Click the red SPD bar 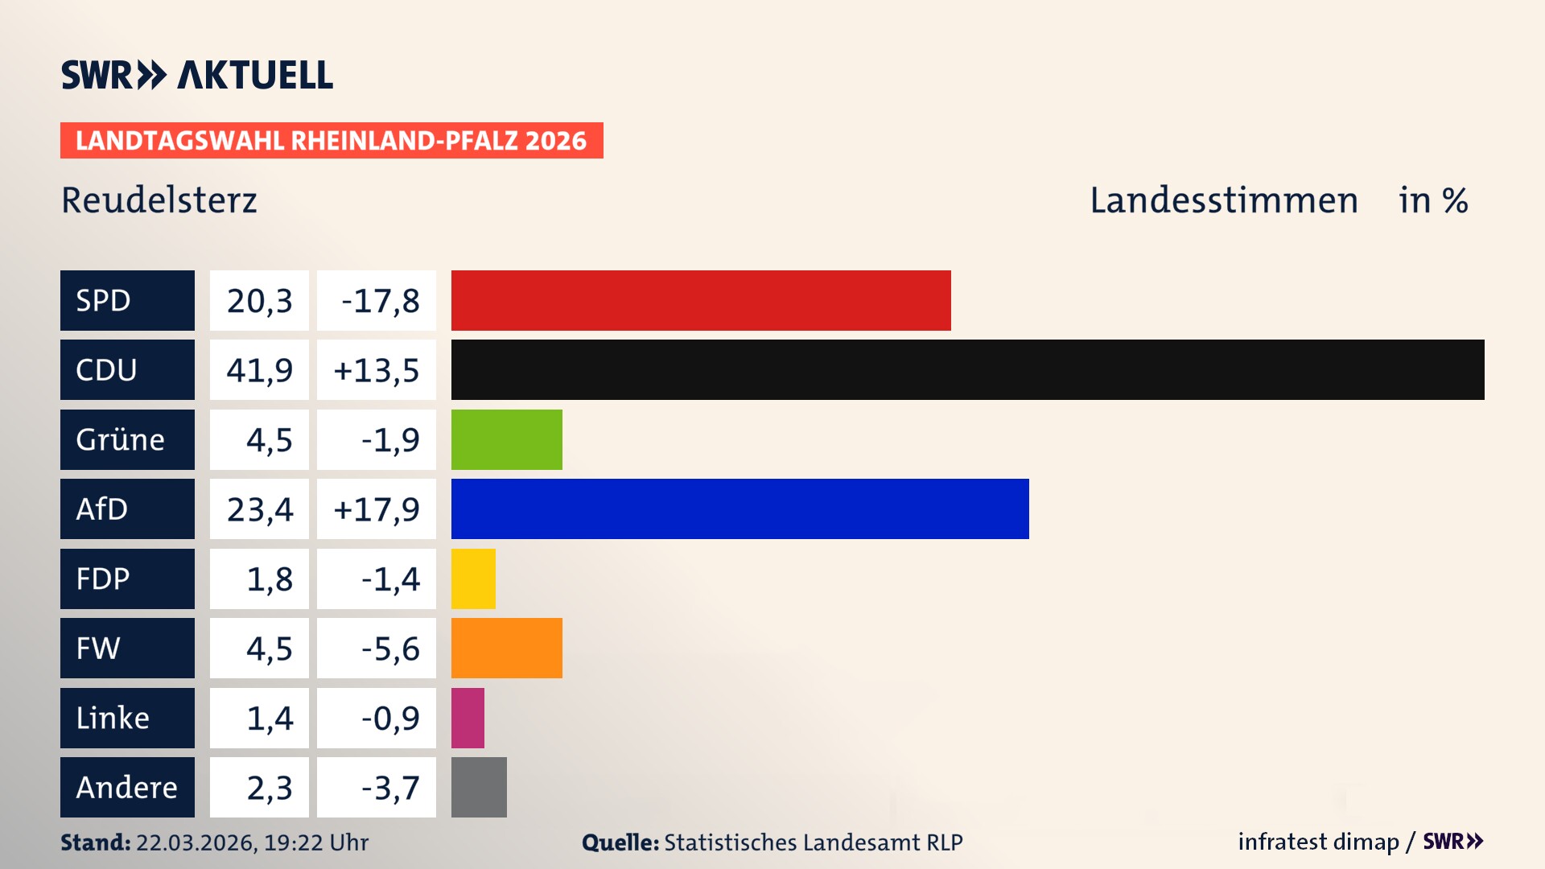[700, 300]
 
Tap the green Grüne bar [506, 439]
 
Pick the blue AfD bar [740, 509]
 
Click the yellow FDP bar [473, 579]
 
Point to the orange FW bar [506, 649]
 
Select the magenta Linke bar [468, 718]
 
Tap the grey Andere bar [479, 787]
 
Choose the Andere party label [127, 787]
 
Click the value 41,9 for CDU [259, 370]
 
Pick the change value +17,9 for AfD [376, 509]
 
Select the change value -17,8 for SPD [379, 300]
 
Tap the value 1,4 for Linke [269, 718]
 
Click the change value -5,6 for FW [389, 649]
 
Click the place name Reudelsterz [159, 200]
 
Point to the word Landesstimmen [1223, 200]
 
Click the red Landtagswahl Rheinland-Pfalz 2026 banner [331, 141]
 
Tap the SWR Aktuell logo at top [197, 75]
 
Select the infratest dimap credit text [1317, 842]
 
